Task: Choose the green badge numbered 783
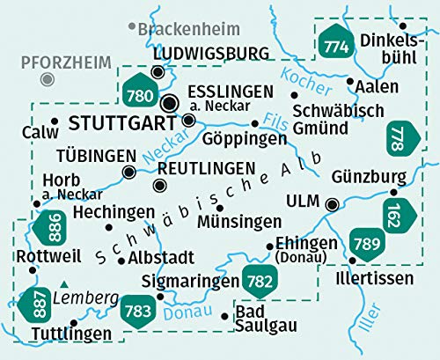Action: click(137, 310)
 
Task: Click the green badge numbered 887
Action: click(35, 302)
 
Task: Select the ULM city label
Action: click(301, 204)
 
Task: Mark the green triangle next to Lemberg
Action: click(66, 284)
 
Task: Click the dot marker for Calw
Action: click(54, 121)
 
